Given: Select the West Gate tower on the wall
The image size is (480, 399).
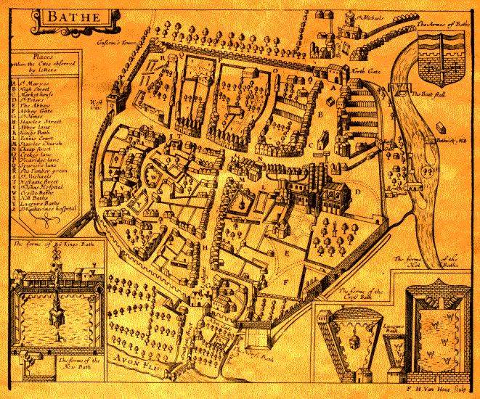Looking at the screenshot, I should (x=112, y=102).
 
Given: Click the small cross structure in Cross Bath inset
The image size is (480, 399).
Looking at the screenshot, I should (x=352, y=337).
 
